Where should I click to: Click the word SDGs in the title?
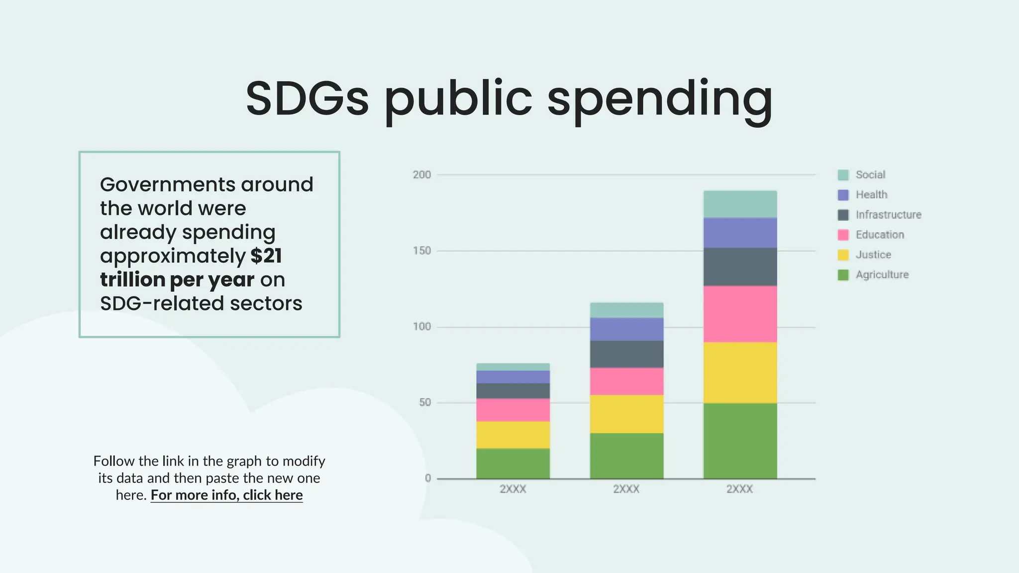point(307,98)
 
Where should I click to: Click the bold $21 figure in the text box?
point(266,256)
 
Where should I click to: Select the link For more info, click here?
point(226,495)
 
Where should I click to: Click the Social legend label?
point(870,175)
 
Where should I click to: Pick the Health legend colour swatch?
point(843,195)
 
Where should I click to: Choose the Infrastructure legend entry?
point(888,215)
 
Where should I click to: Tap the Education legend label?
point(880,235)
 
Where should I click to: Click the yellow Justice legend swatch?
point(843,255)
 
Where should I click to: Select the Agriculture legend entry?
point(882,275)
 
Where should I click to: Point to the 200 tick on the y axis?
point(421,175)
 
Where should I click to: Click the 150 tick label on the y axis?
point(421,251)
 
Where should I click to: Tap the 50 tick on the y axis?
point(424,402)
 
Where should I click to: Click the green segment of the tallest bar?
point(740,441)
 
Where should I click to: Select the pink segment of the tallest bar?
point(740,314)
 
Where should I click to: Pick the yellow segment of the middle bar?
point(626,414)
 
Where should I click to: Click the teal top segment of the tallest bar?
point(740,204)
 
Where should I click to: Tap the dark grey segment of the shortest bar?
point(513,391)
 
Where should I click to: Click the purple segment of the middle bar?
point(626,329)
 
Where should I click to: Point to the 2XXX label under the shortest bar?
point(513,489)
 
